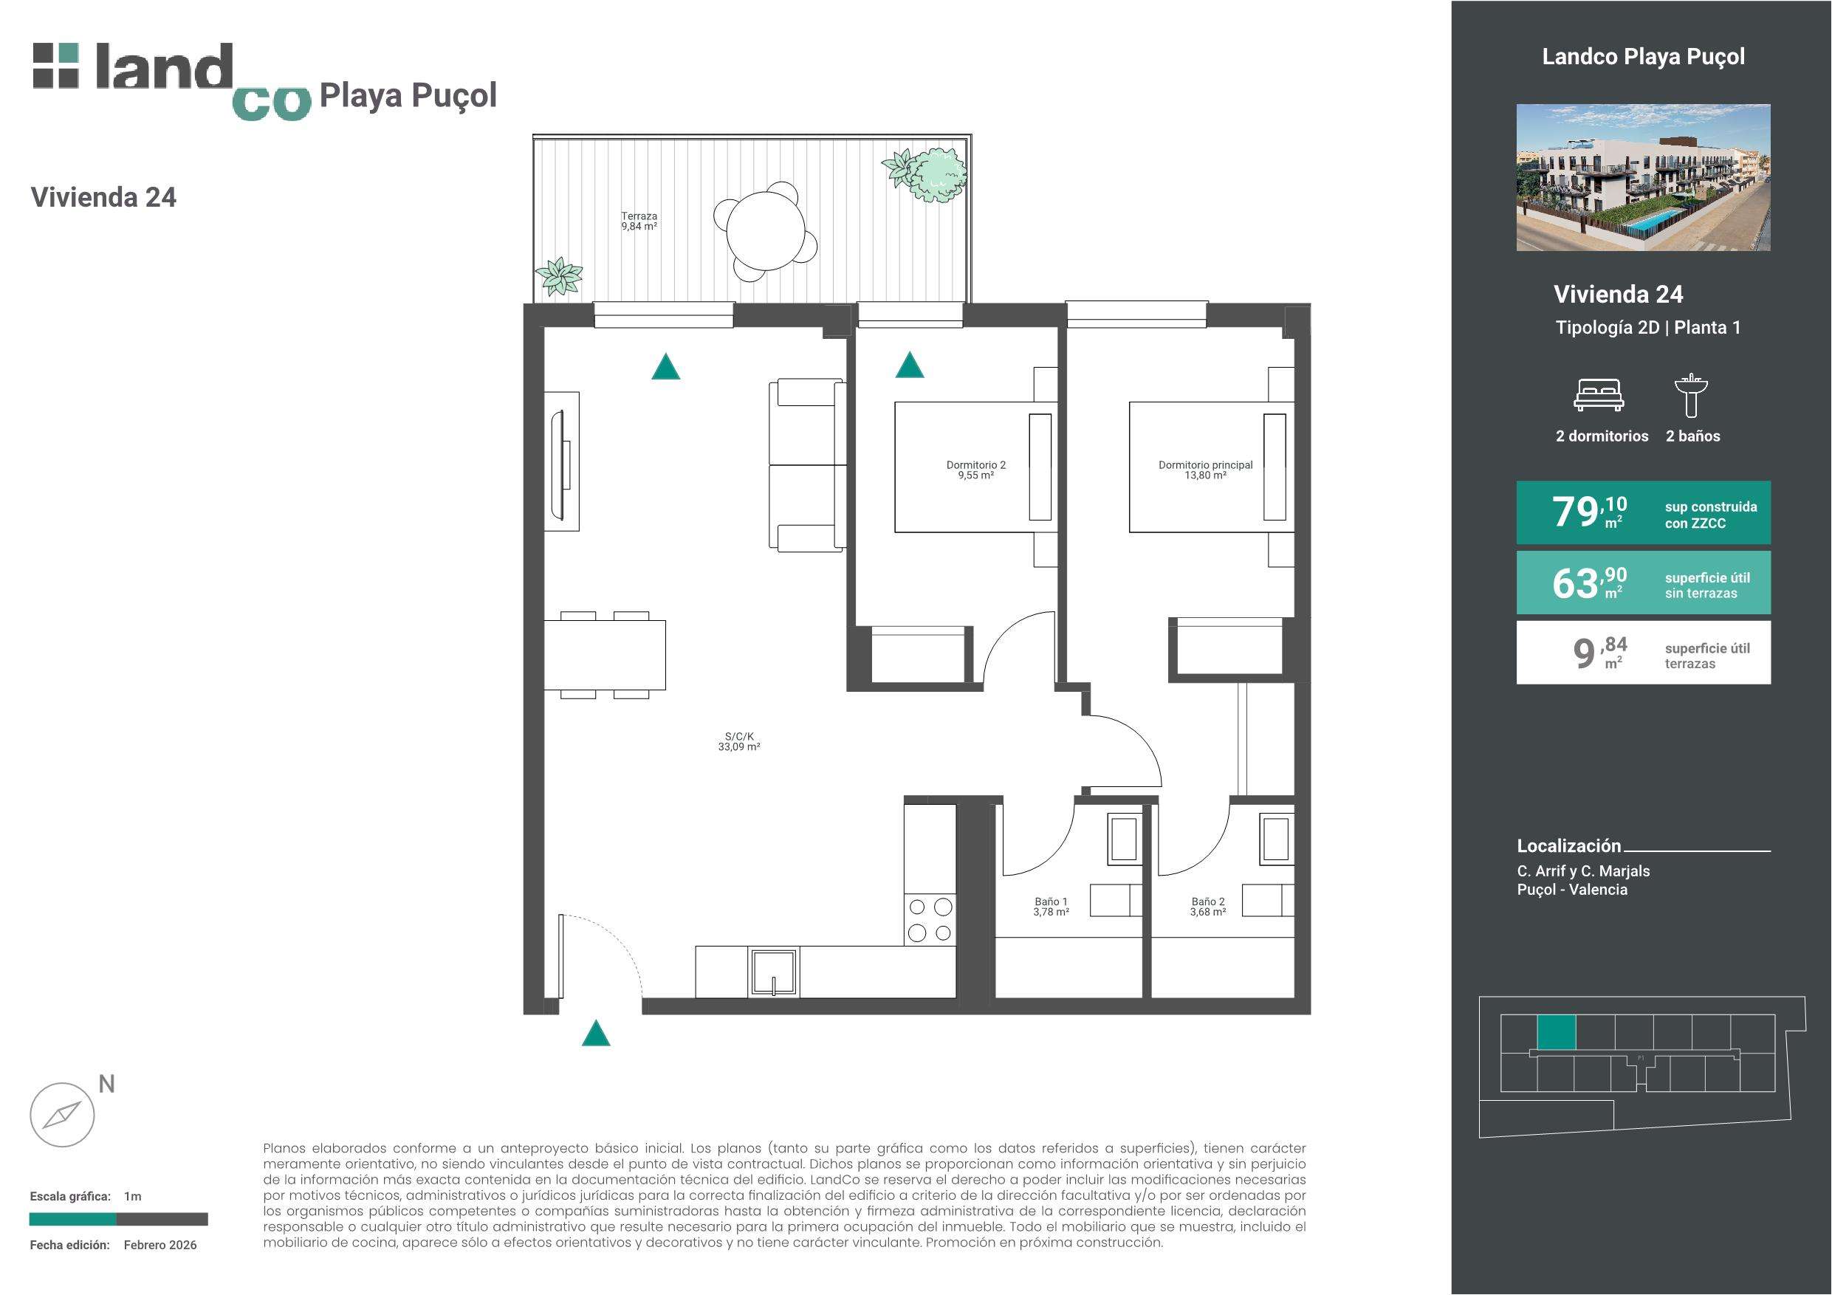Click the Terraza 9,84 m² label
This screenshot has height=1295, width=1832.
point(639,221)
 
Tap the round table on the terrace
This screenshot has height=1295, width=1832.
point(766,231)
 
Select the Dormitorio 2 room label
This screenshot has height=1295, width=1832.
point(976,470)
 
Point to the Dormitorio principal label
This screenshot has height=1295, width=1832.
point(1206,470)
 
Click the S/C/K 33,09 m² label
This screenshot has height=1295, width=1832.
point(739,742)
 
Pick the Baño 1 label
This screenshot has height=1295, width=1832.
point(1051,907)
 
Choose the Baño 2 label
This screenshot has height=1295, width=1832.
point(1208,907)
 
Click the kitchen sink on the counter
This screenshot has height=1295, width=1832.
point(774,972)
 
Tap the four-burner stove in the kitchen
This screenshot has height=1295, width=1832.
point(930,919)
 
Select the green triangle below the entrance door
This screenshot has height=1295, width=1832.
point(596,1034)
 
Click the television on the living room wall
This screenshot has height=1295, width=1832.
point(562,461)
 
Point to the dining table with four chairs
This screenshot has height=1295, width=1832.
point(605,655)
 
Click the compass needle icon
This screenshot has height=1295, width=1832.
point(62,1115)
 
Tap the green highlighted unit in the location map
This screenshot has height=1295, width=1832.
point(1557,1032)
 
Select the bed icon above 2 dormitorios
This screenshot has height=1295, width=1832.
point(1598,395)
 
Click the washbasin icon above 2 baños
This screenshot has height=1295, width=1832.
point(1691,395)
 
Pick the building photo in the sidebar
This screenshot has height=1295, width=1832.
point(1643,178)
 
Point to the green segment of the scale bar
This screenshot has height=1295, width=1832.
point(72,1219)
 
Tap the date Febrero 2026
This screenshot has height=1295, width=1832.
point(160,1245)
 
